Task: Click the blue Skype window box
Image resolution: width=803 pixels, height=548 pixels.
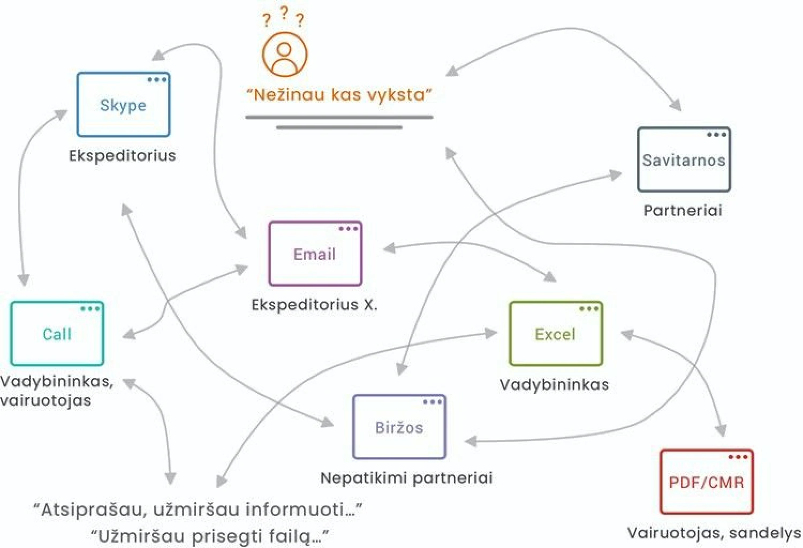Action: pos(124,105)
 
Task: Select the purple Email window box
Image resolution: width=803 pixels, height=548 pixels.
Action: pos(315,254)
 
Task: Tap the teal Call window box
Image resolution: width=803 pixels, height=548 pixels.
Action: pos(57,333)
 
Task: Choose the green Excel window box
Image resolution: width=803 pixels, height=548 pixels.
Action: pos(555,333)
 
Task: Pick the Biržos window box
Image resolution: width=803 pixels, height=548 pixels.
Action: pos(399,427)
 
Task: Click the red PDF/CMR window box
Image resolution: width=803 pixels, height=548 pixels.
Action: pos(706,482)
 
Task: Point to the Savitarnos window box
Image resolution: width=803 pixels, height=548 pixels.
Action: pos(684,159)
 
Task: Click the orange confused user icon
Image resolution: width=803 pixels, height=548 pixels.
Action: pos(285,54)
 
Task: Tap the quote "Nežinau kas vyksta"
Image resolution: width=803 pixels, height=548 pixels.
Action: pos(339,95)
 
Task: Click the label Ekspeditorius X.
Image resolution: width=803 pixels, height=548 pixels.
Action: pos(314,305)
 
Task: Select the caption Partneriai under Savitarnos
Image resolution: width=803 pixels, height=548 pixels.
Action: pos(683,210)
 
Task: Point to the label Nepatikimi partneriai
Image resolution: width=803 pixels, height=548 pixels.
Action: pos(406,477)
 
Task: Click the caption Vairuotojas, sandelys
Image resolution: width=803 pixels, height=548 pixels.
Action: pos(714,532)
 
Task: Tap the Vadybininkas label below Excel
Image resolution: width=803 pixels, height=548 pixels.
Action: pos(554,384)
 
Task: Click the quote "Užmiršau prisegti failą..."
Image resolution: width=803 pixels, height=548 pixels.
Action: pos(209,535)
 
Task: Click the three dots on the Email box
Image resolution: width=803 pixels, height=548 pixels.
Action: pos(348,229)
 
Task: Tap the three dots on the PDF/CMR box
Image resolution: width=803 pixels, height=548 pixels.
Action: pos(738,456)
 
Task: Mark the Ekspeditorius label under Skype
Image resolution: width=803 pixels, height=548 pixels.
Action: pos(123,155)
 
